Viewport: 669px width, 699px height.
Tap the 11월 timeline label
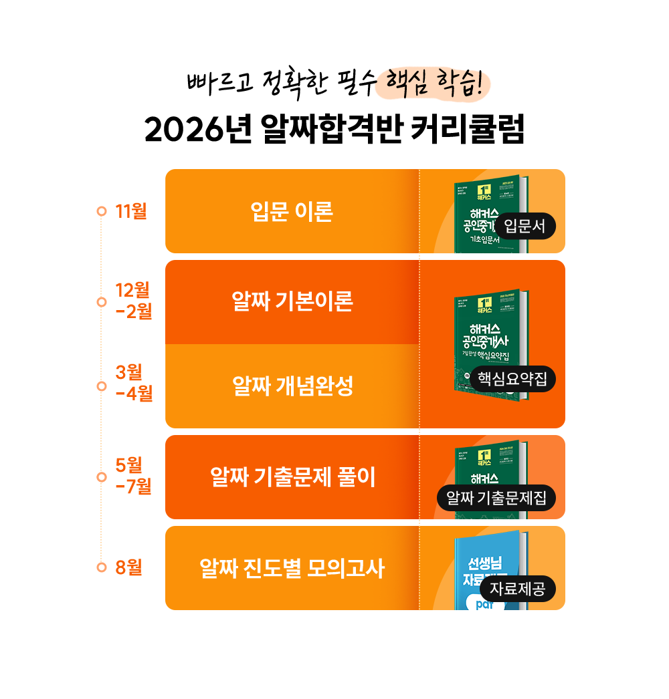coord(130,211)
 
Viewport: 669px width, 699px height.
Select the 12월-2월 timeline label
coord(134,301)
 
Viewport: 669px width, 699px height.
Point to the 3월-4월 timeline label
coord(134,383)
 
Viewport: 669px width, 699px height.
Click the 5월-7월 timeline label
coord(134,476)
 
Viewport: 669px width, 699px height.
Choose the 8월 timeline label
coord(128,567)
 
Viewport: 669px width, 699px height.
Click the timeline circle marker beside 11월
coord(102,212)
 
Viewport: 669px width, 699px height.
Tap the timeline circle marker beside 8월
coord(102,567)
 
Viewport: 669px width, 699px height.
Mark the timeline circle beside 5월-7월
coord(102,477)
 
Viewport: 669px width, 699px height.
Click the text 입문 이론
coord(292,212)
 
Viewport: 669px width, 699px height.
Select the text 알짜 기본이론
coord(292,302)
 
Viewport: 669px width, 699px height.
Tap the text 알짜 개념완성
coord(292,386)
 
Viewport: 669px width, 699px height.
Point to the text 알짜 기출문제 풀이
coord(292,477)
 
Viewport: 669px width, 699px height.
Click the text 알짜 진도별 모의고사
coord(292,569)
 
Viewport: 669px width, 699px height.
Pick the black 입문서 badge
coord(525,227)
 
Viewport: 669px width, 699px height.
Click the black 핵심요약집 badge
coord(512,379)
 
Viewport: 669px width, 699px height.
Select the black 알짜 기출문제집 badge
coord(496,498)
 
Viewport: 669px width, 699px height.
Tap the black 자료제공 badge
coord(517,589)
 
